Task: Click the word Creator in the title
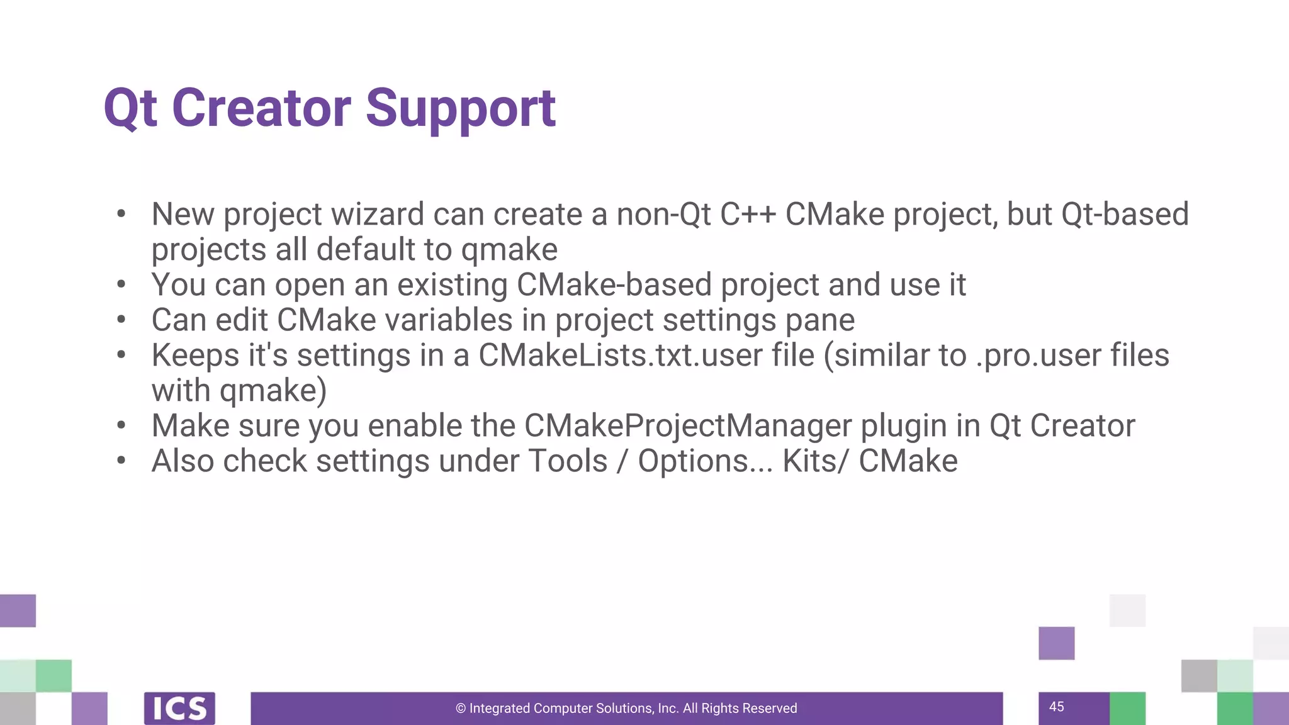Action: pyautogui.click(x=261, y=108)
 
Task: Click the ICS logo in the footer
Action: pyautogui.click(x=179, y=708)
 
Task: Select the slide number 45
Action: pyautogui.click(x=1057, y=707)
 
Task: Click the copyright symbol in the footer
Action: pyautogui.click(x=461, y=709)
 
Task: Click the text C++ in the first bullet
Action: pyautogui.click(x=748, y=215)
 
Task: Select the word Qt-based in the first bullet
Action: pyautogui.click(x=1125, y=215)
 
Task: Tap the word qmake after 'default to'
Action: pyautogui.click(x=509, y=250)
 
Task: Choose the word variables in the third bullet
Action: pyautogui.click(x=449, y=320)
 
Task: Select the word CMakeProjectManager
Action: pyautogui.click(x=688, y=426)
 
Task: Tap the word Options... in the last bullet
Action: pyautogui.click(x=705, y=461)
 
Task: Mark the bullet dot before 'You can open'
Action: pyautogui.click(x=121, y=284)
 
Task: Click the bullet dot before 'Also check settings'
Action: pyautogui.click(x=121, y=461)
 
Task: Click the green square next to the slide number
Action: pyautogui.click(x=1127, y=708)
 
